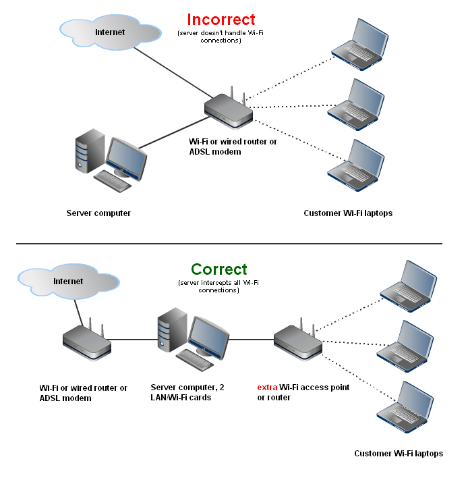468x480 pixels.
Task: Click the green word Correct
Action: click(x=219, y=270)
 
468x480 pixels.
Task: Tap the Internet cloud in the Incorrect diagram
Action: click(x=109, y=32)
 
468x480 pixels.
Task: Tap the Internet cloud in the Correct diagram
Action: click(x=67, y=282)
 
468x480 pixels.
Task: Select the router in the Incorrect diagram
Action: click(x=229, y=111)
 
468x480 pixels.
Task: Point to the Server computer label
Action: click(x=98, y=213)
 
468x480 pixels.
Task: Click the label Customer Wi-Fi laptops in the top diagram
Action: click(x=348, y=213)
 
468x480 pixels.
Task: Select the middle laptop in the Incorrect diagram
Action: click(x=354, y=103)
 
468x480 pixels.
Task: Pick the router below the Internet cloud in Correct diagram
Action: click(x=86, y=342)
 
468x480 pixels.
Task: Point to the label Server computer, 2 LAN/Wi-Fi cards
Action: click(x=181, y=393)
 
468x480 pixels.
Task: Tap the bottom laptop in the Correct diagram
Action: click(x=405, y=406)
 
